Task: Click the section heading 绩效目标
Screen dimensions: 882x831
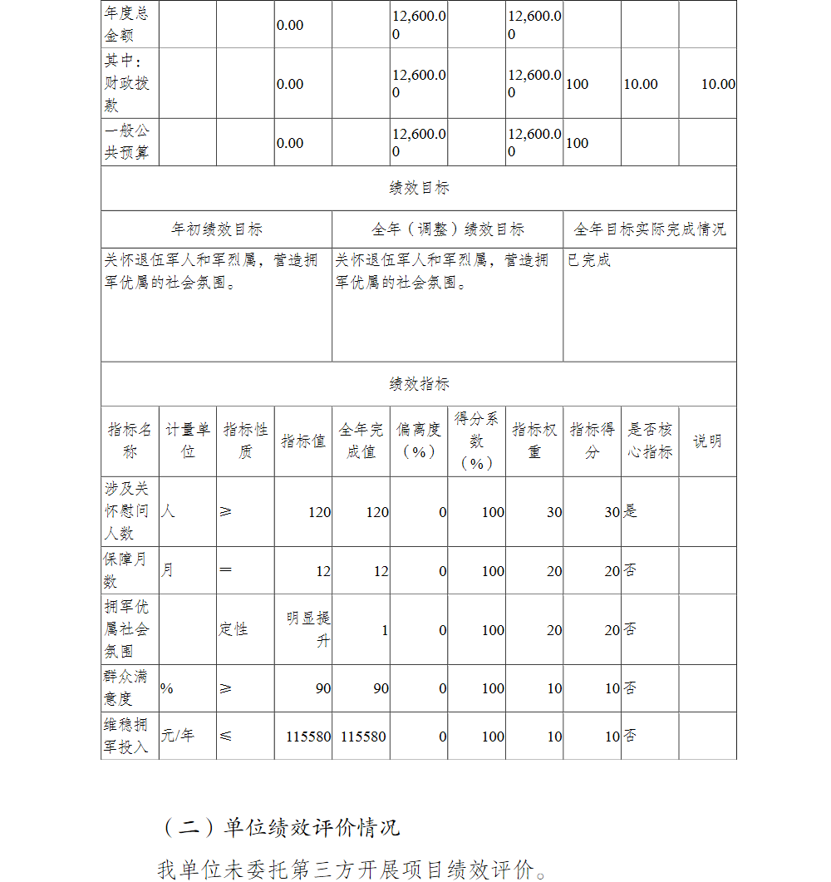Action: click(x=419, y=188)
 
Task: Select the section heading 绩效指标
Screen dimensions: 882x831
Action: click(x=419, y=384)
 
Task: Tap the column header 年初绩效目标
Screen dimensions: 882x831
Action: click(x=216, y=229)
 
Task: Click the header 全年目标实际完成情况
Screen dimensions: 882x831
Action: click(x=649, y=229)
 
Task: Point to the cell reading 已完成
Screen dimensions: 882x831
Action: click(x=589, y=260)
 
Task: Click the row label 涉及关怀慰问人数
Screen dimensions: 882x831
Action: click(x=129, y=511)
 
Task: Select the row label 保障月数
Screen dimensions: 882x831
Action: click(x=129, y=570)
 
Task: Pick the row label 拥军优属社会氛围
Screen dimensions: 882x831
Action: click(x=129, y=629)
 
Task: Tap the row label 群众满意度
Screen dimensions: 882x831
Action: click(x=129, y=688)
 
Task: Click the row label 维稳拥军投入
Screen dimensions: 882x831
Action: click(x=129, y=736)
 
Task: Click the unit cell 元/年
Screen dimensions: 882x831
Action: click(x=177, y=736)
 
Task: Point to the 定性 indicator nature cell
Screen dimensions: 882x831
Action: click(x=234, y=629)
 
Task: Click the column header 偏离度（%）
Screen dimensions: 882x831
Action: click(x=419, y=441)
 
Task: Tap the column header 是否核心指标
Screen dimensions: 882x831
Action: click(x=650, y=441)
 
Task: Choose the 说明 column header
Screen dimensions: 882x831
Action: click(x=707, y=441)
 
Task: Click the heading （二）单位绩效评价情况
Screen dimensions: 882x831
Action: click(x=281, y=828)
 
